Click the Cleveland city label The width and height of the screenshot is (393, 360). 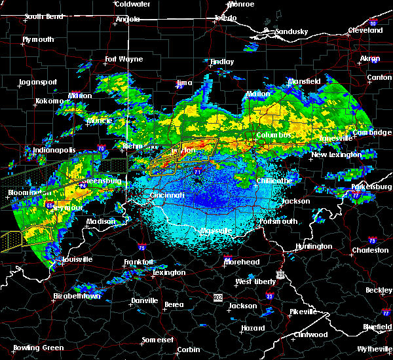click(365, 30)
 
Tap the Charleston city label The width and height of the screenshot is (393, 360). click(369, 249)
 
